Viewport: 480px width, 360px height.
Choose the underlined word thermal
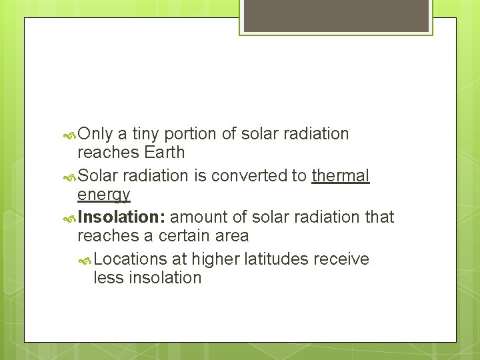point(340,176)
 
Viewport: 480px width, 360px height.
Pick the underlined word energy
point(103,195)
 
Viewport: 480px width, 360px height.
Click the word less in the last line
point(108,278)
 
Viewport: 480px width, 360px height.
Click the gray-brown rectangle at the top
point(336,15)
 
